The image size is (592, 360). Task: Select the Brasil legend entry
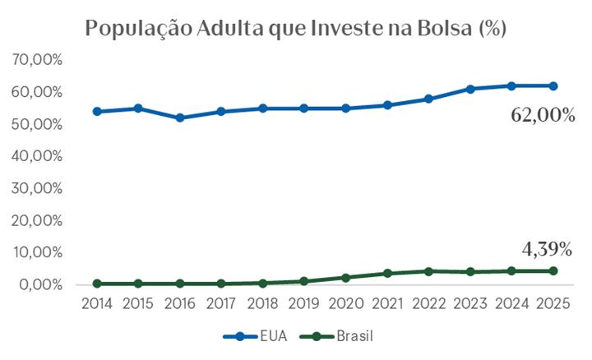pyautogui.click(x=338, y=336)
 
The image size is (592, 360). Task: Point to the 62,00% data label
pyautogui.click(x=543, y=116)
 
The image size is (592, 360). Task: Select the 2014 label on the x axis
pyautogui.click(x=97, y=303)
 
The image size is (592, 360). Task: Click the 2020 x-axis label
pyautogui.click(x=346, y=303)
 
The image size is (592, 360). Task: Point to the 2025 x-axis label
pyautogui.click(x=553, y=303)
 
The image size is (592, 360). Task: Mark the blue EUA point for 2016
pyautogui.click(x=180, y=118)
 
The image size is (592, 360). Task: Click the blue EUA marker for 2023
pyautogui.click(x=470, y=89)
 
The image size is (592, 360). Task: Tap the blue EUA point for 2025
pyautogui.click(x=553, y=85)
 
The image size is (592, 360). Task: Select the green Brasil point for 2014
pyautogui.click(x=97, y=284)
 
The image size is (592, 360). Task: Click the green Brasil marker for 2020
pyautogui.click(x=346, y=278)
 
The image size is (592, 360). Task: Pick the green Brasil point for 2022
pyautogui.click(x=429, y=270)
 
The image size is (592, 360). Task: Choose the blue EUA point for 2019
pyautogui.click(x=304, y=108)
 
